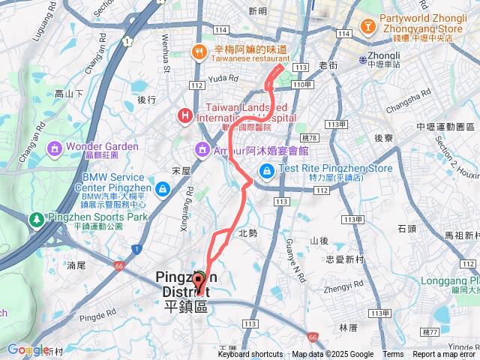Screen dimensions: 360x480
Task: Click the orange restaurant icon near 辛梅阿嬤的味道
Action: (x=199, y=52)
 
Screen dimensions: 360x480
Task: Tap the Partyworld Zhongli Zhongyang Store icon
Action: (x=368, y=27)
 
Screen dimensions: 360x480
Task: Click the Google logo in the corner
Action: (x=27, y=349)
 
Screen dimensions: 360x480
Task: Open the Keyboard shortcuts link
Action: (x=250, y=355)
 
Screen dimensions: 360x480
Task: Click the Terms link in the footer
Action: (x=393, y=355)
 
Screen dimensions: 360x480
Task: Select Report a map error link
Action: (x=445, y=355)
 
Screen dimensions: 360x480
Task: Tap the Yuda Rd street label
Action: (x=223, y=77)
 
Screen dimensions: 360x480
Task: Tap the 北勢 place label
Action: (x=247, y=233)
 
